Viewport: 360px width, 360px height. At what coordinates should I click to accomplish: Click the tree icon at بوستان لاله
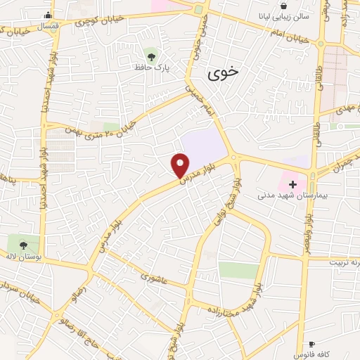24,245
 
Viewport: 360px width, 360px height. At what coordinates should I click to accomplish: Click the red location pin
180,165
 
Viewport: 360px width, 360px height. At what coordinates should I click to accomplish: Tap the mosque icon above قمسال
48,15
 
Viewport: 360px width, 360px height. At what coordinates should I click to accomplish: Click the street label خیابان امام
288,39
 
